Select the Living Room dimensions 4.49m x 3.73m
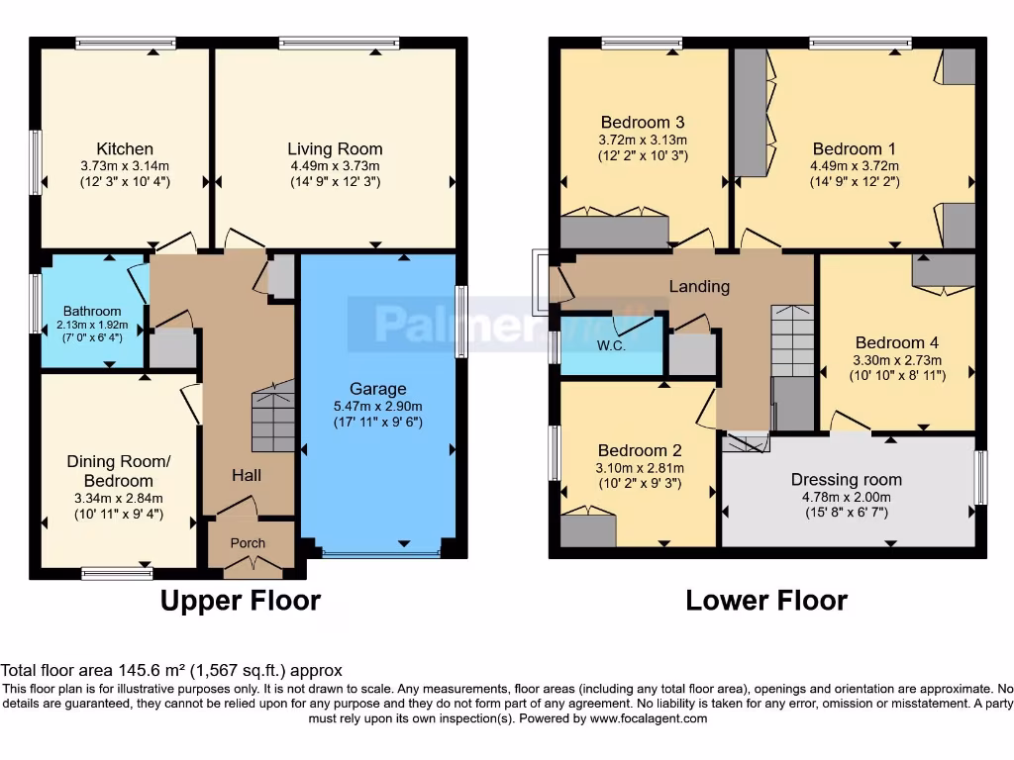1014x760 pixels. click(335, 165)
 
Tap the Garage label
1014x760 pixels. click(377, 389)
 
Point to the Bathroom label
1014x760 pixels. click(92, 311)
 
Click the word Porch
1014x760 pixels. click(249, 543)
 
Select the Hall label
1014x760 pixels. click(247, 476)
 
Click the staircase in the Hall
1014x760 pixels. click(273, 418)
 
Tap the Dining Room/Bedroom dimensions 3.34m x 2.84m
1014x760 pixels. click(119, 498)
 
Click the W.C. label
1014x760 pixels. click(611, 346)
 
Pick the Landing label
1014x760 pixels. click(699, 287)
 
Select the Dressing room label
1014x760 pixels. click(846, 480)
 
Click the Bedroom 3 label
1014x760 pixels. click(642, 123)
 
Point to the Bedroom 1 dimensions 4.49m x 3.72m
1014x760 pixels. click(853, 165)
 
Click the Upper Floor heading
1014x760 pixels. click(240, 600)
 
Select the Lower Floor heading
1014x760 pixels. click(766, 600)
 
